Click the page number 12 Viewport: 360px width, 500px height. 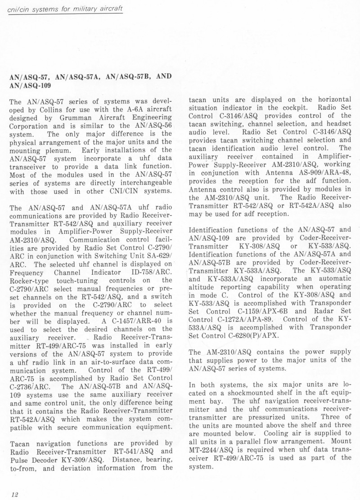tap(14, 494)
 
